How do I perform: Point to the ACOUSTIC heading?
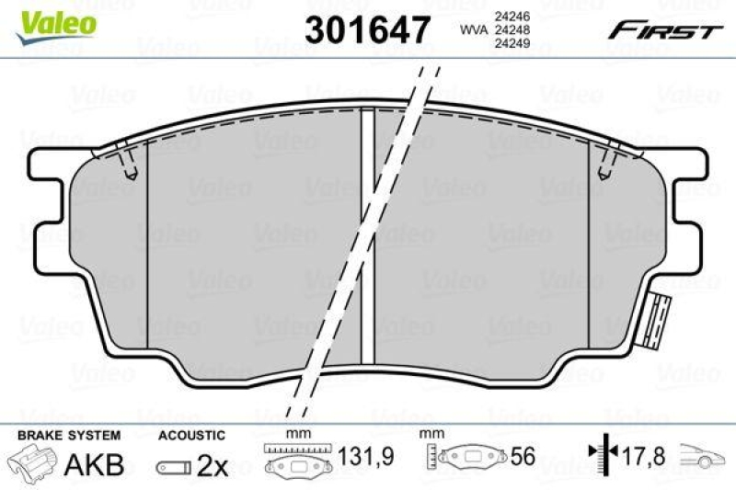[x=190, y=435]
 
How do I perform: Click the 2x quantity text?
[x=213, y=466]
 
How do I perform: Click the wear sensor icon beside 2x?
[x=174, y=467]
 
